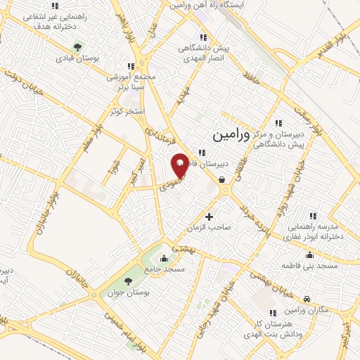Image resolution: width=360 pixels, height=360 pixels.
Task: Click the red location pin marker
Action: (180, 165)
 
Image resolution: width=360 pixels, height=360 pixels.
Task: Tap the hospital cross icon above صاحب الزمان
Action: (209, 216)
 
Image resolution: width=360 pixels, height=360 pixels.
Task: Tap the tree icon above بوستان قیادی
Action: (77, 47)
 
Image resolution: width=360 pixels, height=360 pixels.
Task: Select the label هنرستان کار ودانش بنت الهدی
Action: (282, 326)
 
